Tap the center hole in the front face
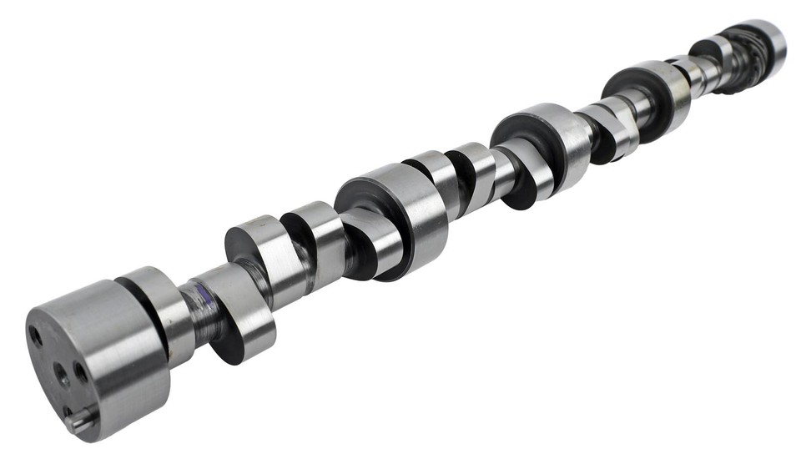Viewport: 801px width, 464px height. click(63, 375)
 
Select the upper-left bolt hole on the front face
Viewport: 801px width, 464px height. click(36, 336)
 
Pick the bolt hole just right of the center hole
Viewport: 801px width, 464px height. click(81, 371)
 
